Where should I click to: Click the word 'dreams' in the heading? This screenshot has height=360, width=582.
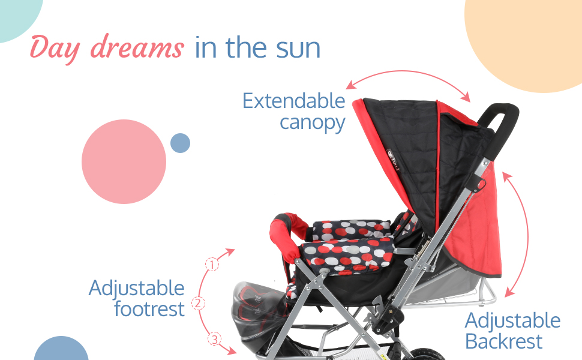137,47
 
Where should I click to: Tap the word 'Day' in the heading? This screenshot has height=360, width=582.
55,49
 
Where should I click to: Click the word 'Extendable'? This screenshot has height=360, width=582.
293,101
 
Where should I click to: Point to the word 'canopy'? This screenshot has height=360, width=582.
313,123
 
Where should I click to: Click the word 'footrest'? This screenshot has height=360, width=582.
149,309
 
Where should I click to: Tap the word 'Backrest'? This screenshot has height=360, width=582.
503,341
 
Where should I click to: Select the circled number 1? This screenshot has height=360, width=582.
212,265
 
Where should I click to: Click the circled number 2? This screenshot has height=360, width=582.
198,303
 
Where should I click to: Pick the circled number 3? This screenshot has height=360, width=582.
214,339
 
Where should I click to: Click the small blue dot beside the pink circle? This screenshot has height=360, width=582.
181,143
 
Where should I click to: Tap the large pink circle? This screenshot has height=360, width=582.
124,161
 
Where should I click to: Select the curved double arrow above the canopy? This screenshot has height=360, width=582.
408,71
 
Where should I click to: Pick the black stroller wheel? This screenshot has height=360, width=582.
421,355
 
